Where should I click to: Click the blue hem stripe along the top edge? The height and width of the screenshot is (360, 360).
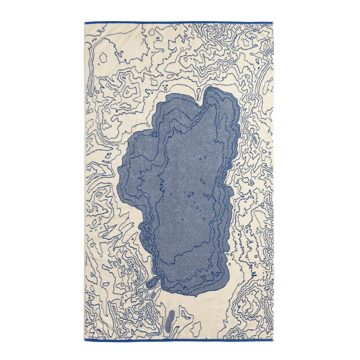[x=179, y=22]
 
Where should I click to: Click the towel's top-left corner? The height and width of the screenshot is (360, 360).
[x=84, y=22]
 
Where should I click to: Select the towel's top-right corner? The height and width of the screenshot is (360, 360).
[x=273, y=22]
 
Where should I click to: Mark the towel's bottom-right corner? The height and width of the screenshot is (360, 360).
[x=273, y=341]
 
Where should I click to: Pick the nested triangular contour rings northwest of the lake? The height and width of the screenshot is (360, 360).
[x=129, y=90]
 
